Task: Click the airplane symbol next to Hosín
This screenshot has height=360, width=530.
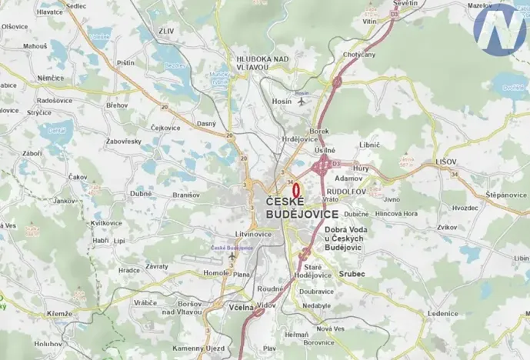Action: coord(301,101)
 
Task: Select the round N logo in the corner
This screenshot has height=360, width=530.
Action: coord(499,28)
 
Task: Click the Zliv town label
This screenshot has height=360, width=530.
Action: coord(168,32)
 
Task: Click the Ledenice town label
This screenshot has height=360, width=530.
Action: coord(443,314)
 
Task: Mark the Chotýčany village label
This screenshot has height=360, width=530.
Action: coord(358,55)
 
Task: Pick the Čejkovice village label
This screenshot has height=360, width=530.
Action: coord(165,128)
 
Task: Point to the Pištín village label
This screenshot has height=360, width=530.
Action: coord(125,63)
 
